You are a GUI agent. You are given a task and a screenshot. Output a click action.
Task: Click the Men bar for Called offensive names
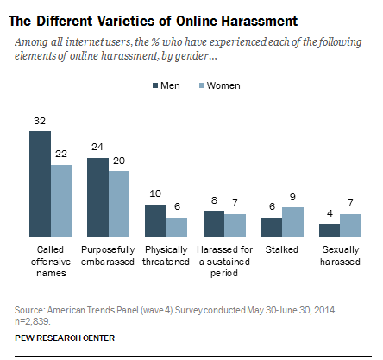pos(40,184)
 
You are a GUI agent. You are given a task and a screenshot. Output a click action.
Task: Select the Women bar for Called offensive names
pos(61,200)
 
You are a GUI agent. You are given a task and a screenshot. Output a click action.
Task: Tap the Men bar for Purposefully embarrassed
pos(98,197)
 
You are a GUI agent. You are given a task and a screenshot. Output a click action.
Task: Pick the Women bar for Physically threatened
pos(178,226)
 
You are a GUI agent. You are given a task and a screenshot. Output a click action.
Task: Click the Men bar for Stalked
pos(272,226)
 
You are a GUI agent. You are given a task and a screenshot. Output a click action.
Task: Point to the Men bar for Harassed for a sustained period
pos(214,223)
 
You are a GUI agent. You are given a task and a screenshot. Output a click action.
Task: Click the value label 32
pos(40,123)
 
